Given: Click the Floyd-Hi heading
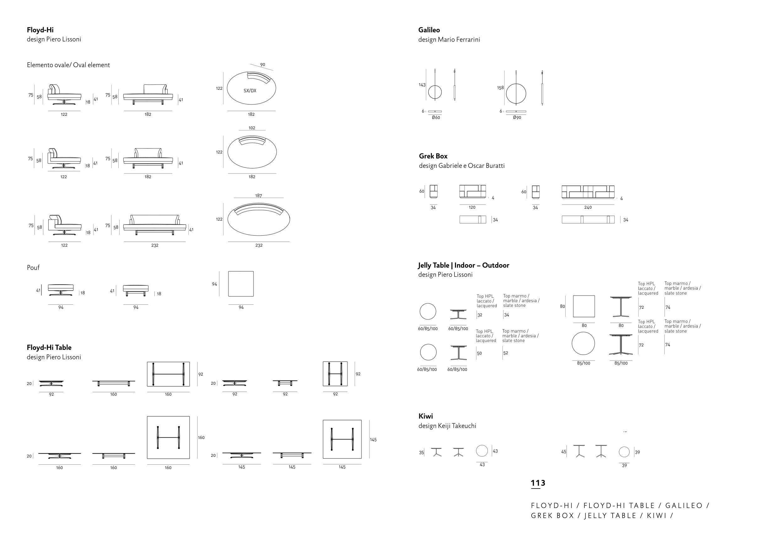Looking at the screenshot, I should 40,30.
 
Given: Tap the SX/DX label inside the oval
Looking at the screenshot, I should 250,91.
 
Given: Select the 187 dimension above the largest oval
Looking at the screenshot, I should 259,195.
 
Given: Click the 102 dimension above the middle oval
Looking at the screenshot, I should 252,128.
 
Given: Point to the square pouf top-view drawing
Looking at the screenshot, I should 241,284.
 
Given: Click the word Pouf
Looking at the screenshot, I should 33,267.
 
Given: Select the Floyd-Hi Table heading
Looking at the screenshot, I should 49,348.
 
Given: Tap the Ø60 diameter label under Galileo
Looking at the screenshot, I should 436,117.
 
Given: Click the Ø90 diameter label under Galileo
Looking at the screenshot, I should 517,117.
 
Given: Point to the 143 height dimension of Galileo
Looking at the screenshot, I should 422,85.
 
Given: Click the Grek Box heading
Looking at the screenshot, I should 433,156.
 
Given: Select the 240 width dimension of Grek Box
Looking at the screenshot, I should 588,207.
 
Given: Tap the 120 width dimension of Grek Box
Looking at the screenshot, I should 472,207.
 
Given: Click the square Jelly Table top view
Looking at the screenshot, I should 584,306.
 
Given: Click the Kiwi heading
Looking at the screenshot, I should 426,416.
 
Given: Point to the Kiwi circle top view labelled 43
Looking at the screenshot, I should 482,451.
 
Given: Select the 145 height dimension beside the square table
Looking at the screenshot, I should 373,440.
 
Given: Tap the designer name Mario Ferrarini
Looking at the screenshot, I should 459,40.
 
